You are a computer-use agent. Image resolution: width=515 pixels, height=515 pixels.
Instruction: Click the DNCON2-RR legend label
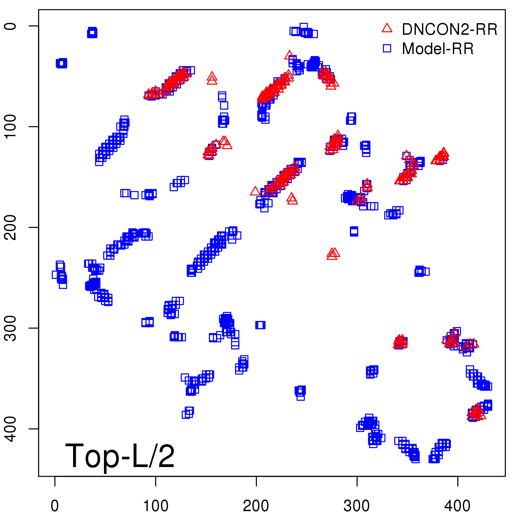(x=449, y=30)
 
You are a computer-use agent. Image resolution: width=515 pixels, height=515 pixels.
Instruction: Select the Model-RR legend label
(x=438, y=49)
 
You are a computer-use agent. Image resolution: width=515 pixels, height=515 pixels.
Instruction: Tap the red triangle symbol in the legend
(x=387, y=28)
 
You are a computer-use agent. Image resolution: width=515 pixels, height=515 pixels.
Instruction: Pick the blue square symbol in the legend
(x=387, y=48)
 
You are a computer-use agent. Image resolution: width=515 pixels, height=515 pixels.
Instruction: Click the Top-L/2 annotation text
(x=120, y=456)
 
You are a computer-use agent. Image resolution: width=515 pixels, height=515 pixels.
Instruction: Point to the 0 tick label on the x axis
(x=55, y=506)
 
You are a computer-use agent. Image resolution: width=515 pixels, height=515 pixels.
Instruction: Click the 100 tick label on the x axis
(x=155, y=506)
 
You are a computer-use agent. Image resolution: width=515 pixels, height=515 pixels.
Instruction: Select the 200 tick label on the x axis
(x=256, y=506)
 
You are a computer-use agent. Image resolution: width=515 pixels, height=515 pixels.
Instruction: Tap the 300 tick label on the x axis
(x=357, y=506)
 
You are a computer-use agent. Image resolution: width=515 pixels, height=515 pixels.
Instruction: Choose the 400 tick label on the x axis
(x=457, y=506)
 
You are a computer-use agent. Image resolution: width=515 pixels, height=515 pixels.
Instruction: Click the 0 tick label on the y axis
(x=11, y=26)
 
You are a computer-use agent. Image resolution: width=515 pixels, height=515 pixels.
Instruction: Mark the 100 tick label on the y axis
(x=11, y=126)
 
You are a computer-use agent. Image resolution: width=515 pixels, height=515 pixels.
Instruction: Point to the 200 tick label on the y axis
(x=11, y=227)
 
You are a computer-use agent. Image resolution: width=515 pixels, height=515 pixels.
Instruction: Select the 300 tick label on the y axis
(x=11, y=328)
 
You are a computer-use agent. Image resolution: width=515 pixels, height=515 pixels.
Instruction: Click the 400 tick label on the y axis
(x=11, y=429)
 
